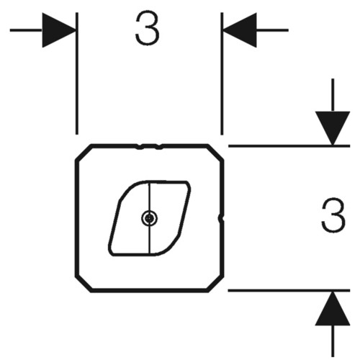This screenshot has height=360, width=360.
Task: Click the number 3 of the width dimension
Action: pos(148,29)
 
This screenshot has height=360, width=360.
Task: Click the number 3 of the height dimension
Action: pos(333,215)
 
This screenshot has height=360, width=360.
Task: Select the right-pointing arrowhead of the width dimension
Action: pos(59,30)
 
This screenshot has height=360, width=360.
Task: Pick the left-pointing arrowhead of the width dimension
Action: pos(240,30)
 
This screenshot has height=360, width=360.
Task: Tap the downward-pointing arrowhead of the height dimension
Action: pos(333,128)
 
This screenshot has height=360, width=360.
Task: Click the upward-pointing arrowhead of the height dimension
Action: pos(333,308)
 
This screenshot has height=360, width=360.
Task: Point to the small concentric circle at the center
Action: pos(149,218)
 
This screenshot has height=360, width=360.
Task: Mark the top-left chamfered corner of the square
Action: pos(84,152)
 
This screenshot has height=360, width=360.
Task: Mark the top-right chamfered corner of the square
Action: pos(215,152)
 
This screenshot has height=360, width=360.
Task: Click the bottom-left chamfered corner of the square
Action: pos(84,284)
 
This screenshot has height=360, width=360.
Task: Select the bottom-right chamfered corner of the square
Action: pos(215,284)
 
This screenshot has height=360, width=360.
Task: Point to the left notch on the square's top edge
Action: pos(140,147)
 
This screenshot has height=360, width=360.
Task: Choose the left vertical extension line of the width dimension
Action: pos(77,73)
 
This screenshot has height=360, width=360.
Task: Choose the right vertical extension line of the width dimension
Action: pos(222,73)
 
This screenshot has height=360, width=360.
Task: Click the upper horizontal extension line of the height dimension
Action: pos(289,145)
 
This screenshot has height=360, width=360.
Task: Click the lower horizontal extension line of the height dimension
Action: pos(289,290)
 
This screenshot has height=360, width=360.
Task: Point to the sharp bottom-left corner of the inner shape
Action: pos(111,253)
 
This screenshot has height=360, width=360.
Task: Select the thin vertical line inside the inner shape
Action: pos(150,217)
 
